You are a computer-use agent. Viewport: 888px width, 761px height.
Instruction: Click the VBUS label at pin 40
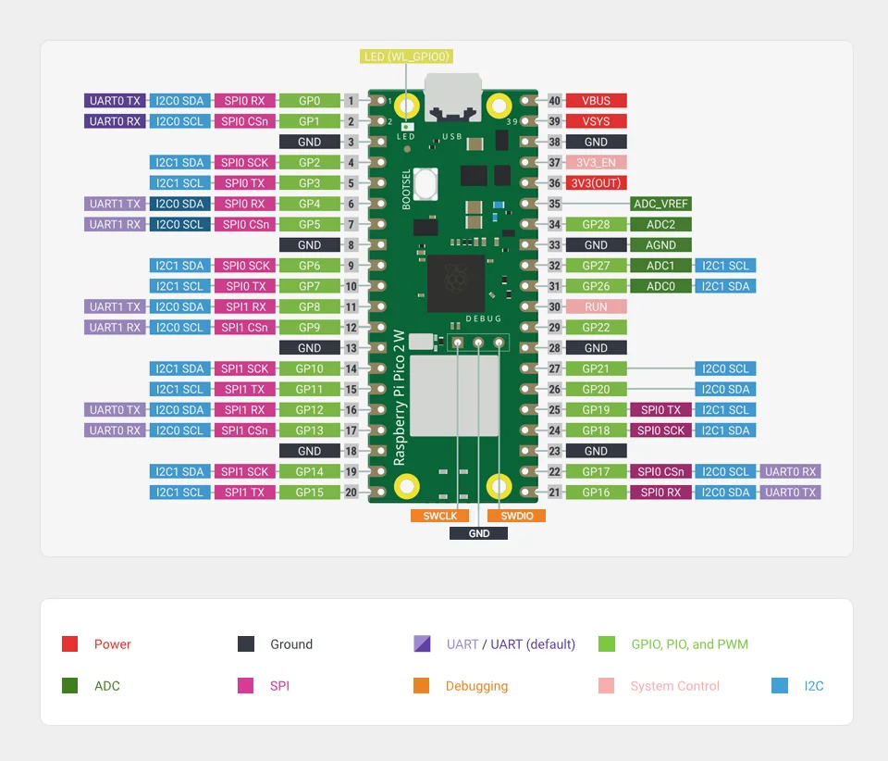(x=596, y=101)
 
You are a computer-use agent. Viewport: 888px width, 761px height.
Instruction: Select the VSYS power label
(x=596, y=121)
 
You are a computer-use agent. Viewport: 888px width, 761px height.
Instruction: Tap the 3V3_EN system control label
(x=596, y=163)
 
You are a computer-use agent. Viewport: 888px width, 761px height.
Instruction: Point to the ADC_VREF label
(x=660, y=204)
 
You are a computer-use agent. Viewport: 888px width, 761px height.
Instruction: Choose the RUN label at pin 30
(x=596, y=306)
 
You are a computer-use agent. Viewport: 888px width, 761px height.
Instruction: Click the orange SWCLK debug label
(x=439, y=516)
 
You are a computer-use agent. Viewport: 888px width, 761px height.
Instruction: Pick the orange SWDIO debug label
(x=516, y=516)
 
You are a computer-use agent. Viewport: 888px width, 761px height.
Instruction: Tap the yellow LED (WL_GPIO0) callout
(x=406, y=56)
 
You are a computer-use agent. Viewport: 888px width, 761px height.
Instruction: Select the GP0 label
(x=309, y=101)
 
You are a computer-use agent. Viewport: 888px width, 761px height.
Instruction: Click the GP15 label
(x=309, y=493)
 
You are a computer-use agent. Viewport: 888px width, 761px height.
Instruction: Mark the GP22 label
(x=596, y=328)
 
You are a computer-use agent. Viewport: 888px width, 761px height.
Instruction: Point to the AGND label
(x=660, y=245)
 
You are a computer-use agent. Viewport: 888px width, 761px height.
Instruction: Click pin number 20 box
(x=351, y=493)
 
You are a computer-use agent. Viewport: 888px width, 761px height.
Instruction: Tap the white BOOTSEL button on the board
(x=425, y=182)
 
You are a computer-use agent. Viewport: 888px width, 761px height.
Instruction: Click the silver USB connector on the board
(x=452, y=96)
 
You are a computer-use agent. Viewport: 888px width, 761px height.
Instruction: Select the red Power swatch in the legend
(x=69, y=644)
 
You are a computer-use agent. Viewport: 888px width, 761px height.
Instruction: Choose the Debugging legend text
(x=476, y=686)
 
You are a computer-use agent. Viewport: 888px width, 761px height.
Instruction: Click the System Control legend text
(x=674, y=686)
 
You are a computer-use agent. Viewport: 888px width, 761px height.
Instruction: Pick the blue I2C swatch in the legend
(x=780, y=686)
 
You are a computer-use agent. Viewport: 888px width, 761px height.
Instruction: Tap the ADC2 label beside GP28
(x=660, y=224)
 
